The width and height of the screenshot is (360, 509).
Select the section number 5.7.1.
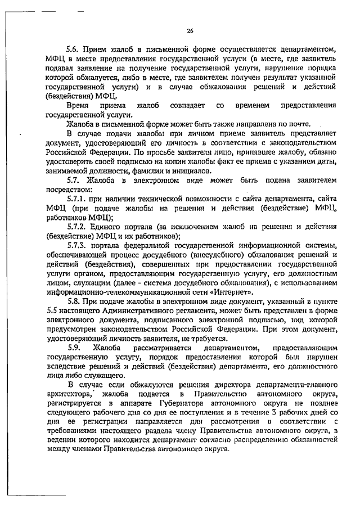point(78,199)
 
